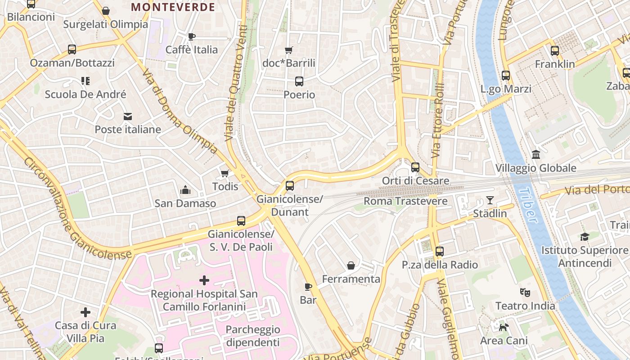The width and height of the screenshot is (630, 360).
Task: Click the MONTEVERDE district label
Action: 173,7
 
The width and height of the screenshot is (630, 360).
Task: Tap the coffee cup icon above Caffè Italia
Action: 192,36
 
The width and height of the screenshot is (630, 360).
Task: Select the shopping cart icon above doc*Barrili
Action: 289,50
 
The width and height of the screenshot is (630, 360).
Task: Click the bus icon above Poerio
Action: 299,81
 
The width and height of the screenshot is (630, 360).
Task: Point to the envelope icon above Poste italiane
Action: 128,117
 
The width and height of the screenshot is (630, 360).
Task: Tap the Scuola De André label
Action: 85,94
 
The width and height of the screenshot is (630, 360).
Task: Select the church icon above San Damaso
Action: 185,190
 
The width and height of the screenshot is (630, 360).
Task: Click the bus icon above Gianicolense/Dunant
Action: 290,185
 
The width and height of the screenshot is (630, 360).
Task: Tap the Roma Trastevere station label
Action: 405,201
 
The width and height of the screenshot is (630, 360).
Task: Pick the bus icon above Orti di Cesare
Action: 415,167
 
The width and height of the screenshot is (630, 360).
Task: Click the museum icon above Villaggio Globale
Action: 536,155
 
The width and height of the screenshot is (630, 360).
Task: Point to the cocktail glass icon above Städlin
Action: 490,200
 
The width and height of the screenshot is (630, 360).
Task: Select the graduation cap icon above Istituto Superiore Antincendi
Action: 585,237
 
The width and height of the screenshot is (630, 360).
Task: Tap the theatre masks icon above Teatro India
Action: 525,292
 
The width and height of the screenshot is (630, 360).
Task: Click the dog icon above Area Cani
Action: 504,327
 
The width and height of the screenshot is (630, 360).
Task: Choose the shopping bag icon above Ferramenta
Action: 351,266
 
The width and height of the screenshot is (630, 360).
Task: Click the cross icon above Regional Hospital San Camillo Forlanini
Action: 204,281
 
